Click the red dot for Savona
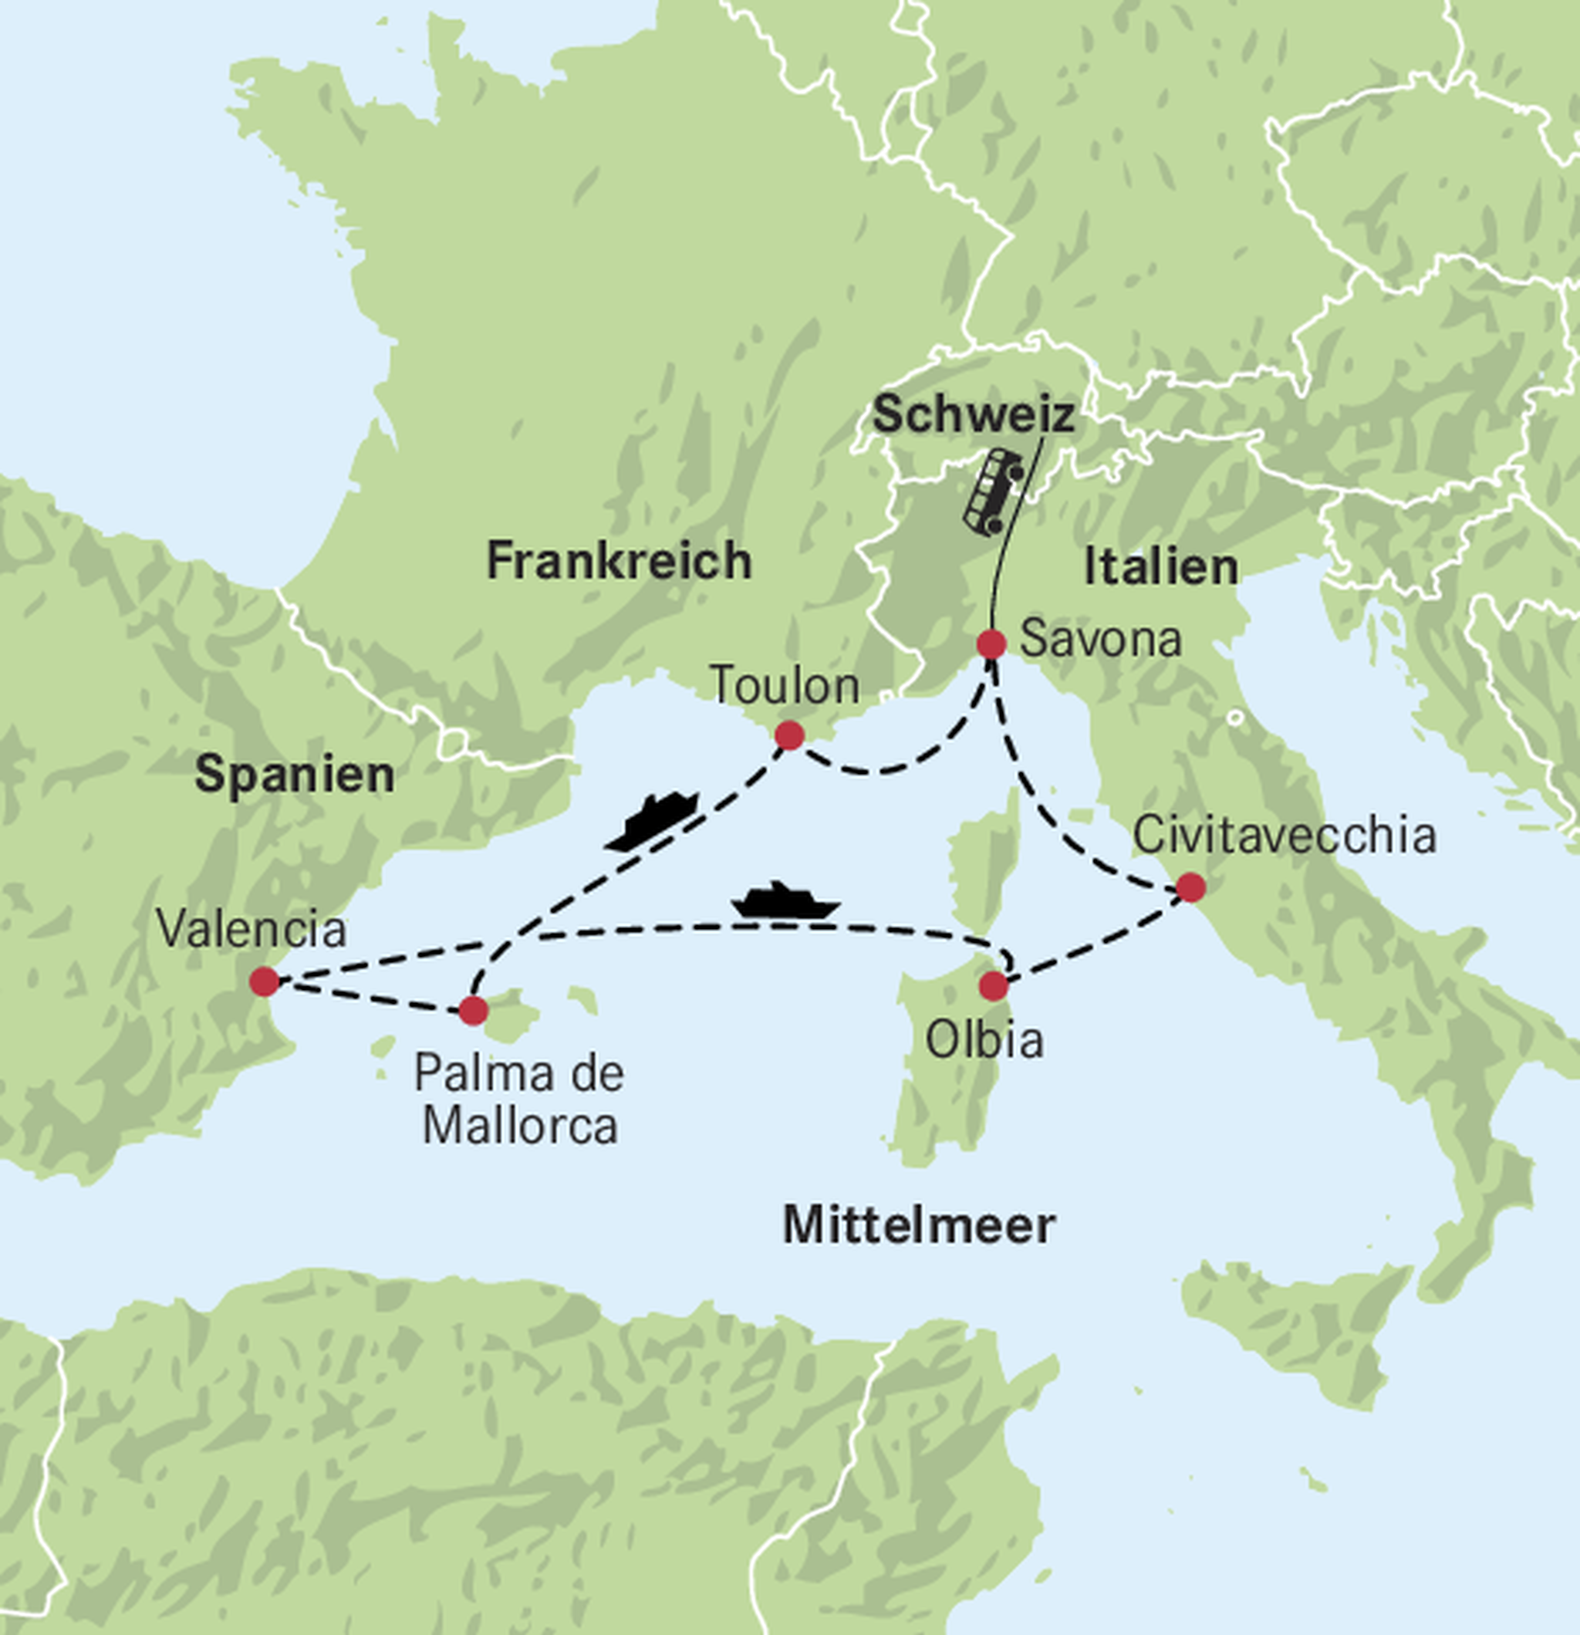point(991,644)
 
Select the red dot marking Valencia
point(265,981)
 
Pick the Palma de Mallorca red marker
point(473,1010)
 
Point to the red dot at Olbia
point(994,986)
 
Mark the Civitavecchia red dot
point(1190,887)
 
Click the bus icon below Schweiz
point(993,492)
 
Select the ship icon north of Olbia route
point(784,901)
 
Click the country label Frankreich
point(619,561)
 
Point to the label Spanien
point(295,774)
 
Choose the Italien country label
point(1160,567)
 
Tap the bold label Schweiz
point(973,414)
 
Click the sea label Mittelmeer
point(920,1225)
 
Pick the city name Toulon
point(784,686)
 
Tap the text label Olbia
point(984,1040)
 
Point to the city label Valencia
point(251,928)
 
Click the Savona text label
point(1100,640)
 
